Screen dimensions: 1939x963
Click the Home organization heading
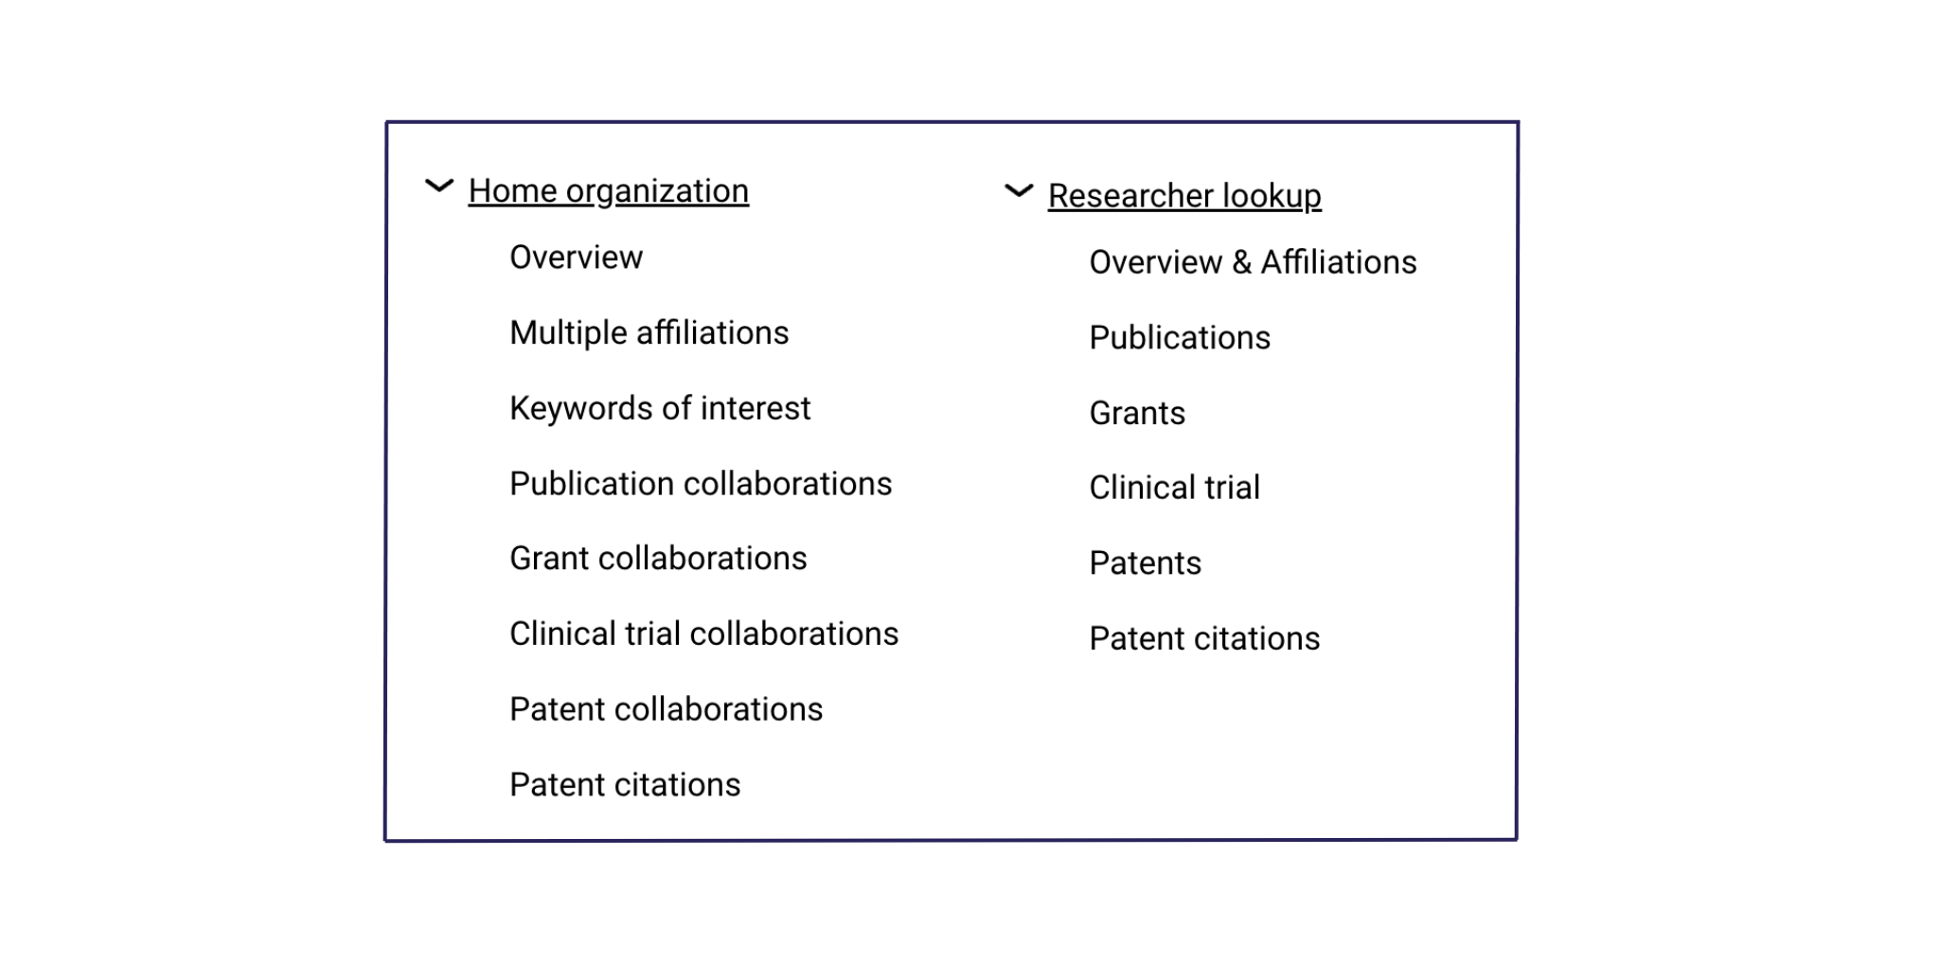coord(608,191)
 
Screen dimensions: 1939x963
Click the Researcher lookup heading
coord(1184,196)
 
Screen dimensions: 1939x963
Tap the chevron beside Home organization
coord(438,186)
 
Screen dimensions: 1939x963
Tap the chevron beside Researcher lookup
coord(1018,190)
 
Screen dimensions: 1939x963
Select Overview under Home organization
coord(576,258)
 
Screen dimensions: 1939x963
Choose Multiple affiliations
coord(649,333)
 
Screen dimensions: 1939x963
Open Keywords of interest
coord(660,408)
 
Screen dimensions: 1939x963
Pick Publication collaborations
coord(701,484)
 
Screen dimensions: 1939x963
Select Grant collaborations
coord(658,559)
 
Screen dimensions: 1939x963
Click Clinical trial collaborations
coord(703,633)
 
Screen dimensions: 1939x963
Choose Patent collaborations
coord(666,709)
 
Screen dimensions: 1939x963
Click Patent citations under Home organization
coord(625,785)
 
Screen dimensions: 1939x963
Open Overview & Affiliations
coord(1253,262)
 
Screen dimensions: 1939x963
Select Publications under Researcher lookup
coord(1180,338)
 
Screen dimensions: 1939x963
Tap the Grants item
coord(1137,413)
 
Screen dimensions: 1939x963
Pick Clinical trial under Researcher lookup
coord(1174,488)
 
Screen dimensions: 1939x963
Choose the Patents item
coord(1145,563)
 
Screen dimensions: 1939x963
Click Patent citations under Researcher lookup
coord(1204,639)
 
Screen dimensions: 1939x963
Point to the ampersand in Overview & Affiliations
coord(1242,262)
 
